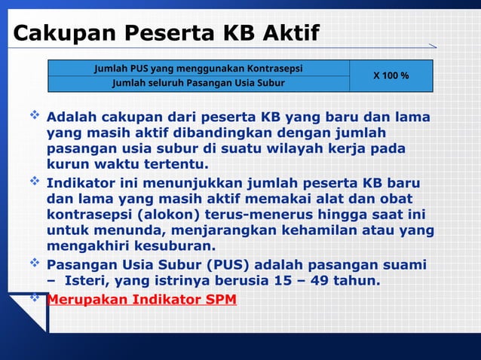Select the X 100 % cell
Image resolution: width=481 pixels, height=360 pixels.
pos(391,76)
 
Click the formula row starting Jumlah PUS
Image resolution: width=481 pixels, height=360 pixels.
pos(198,69)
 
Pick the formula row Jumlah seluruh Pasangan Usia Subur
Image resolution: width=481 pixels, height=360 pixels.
pos(198,83)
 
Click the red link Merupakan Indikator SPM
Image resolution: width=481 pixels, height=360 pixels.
pos(142,300)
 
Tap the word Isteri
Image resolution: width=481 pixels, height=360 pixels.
pos(93,282)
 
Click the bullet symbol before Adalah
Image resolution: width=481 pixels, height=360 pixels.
pos(34,117)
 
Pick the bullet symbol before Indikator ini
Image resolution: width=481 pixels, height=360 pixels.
pos(34,182)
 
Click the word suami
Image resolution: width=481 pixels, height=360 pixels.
pos(404,266)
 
